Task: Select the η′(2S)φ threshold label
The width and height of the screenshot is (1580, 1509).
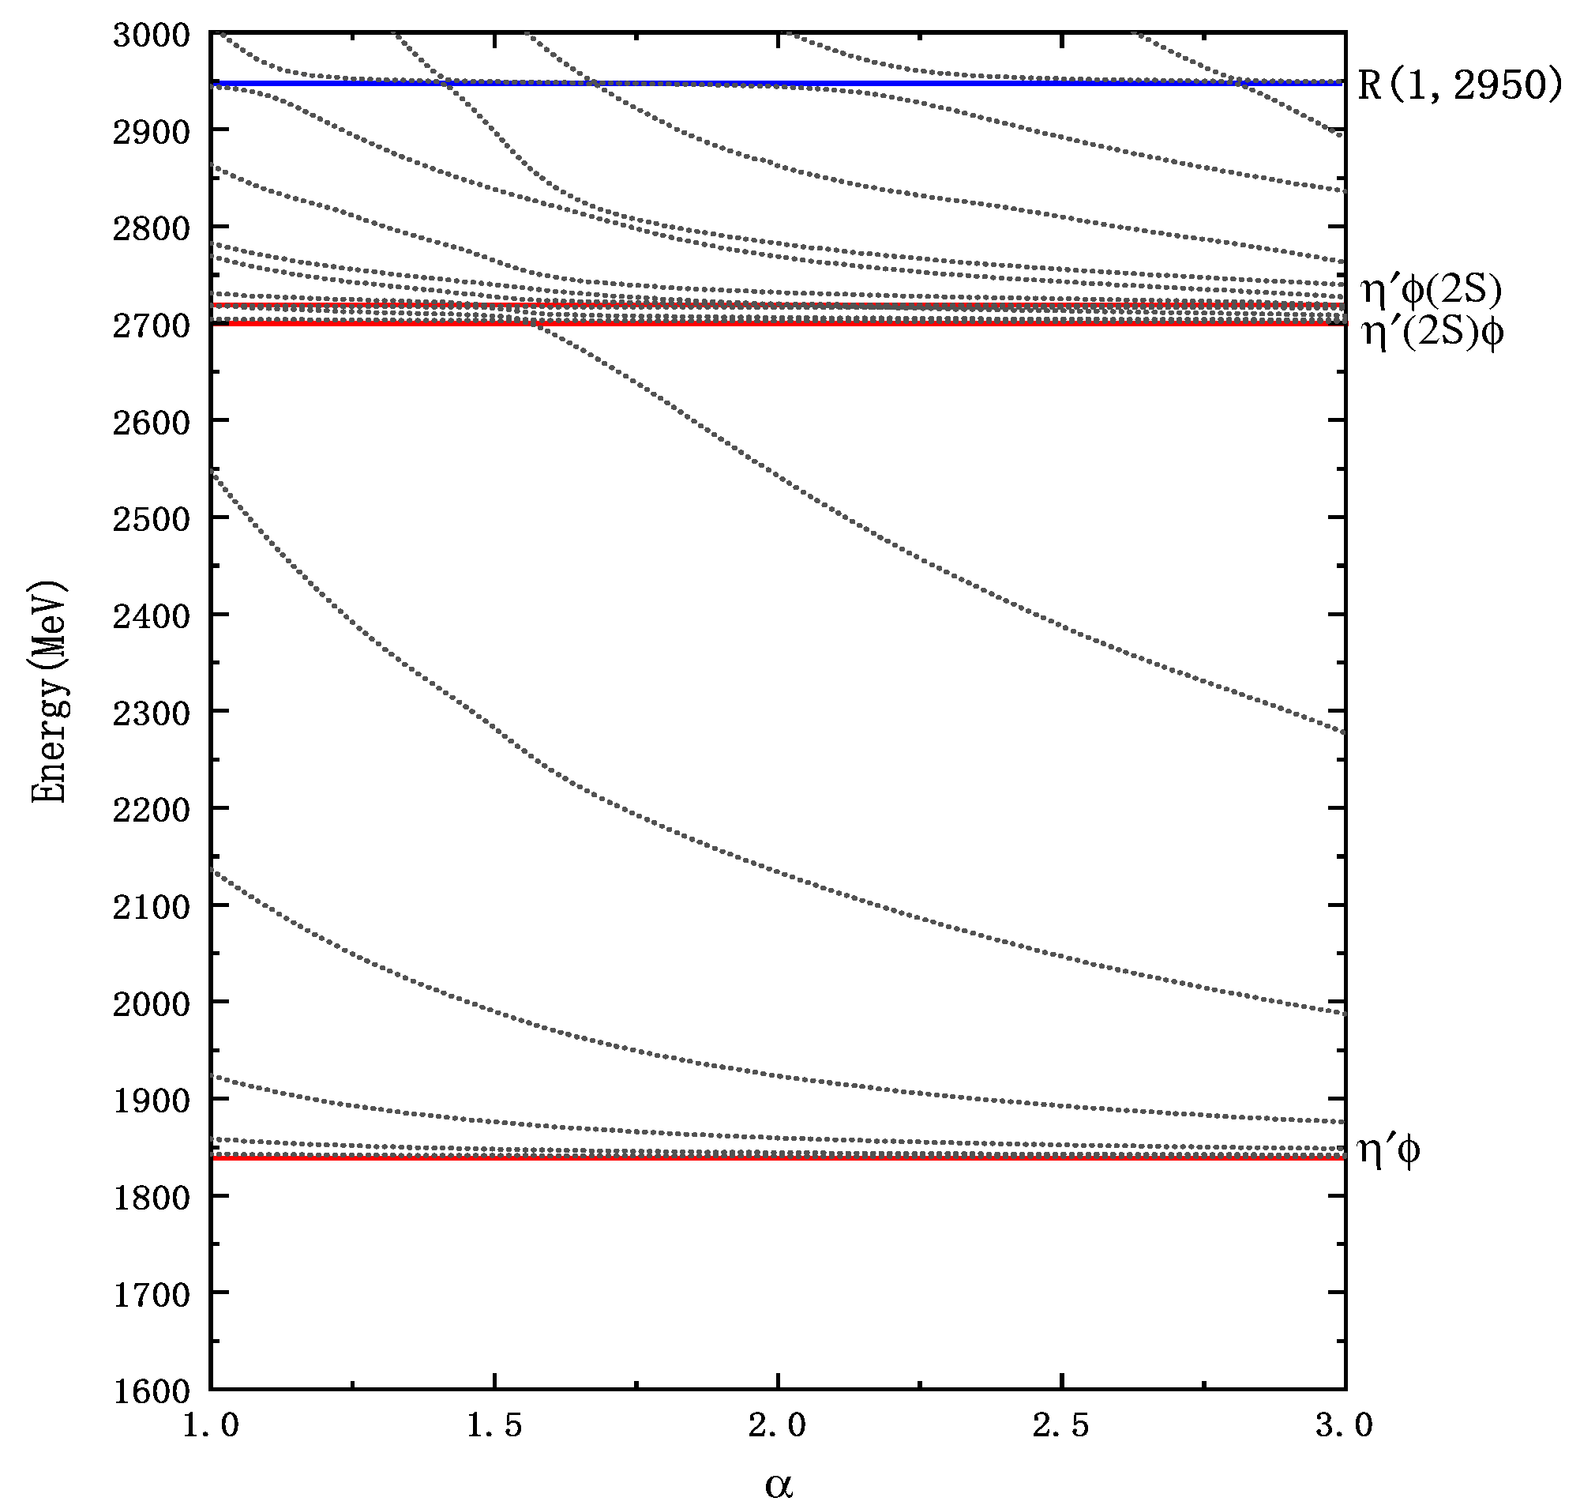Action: pos(1432,332)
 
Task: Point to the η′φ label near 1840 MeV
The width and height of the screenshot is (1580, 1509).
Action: pos(1388,1150)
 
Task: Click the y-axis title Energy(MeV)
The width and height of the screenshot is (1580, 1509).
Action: pos(49,693)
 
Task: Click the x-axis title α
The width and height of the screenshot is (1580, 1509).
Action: pos(778,1485)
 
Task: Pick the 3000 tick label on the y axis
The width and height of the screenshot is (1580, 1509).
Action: pos(151,36)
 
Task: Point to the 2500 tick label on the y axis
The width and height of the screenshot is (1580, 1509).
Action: pos(151,520)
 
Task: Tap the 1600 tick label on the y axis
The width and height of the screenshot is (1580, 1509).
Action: pos(151,1391)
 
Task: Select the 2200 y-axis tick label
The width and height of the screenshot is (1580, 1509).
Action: pos(151,810)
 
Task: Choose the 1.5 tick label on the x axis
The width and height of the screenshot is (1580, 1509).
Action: pos(494,1425)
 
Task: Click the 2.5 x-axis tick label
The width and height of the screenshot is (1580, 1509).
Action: pos(1060,1425)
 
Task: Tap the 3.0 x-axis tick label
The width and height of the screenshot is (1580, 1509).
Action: pos(1344,1425)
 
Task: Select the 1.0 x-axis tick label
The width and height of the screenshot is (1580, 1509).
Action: pos(211,1425)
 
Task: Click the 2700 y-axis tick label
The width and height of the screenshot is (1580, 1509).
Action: pos(151,326)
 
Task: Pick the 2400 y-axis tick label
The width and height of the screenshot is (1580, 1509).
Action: pos(151,616)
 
